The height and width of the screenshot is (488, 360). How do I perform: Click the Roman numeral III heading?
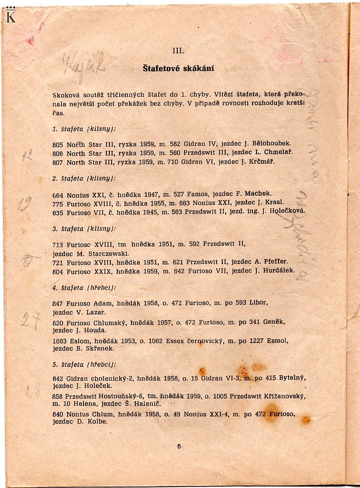(x=178, y=50)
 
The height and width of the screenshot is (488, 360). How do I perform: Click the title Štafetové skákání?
(x=178, y=68)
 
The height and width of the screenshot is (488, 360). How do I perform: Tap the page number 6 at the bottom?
(x=179, y=446)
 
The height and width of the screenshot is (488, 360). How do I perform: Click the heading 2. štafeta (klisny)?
(x=84, y=179)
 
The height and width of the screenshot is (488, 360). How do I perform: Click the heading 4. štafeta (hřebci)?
(x=84, y=288)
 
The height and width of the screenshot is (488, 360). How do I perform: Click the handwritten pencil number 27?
(x=30, y=321)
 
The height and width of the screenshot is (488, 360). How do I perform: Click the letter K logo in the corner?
(x=11, y=16)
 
